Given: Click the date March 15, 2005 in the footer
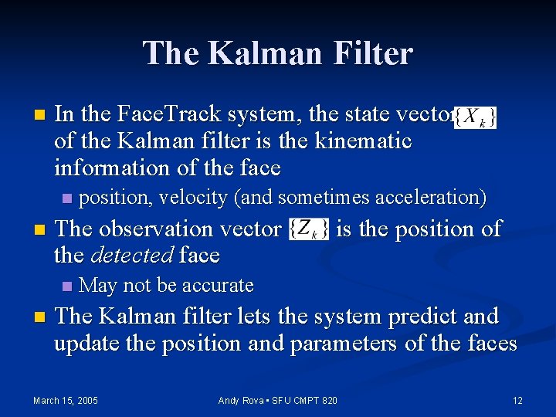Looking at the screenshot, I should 65,400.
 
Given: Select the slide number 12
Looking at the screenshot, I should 517,400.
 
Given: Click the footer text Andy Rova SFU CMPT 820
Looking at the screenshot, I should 278,400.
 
